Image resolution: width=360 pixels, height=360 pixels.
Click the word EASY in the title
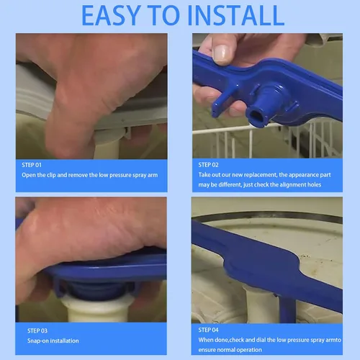click(x=111, y=15)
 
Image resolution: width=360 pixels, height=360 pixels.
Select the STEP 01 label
click(x=32, y=165)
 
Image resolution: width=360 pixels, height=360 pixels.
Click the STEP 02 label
click(x=208, y=165)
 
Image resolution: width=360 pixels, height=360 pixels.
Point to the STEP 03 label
click(x=37, y=330)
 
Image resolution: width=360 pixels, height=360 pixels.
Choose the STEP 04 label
click(x=208, y=330)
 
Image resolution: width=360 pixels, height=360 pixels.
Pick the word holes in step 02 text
click(x=314, y=184)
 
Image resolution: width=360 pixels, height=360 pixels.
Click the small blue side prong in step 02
click(x=221, y=103)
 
